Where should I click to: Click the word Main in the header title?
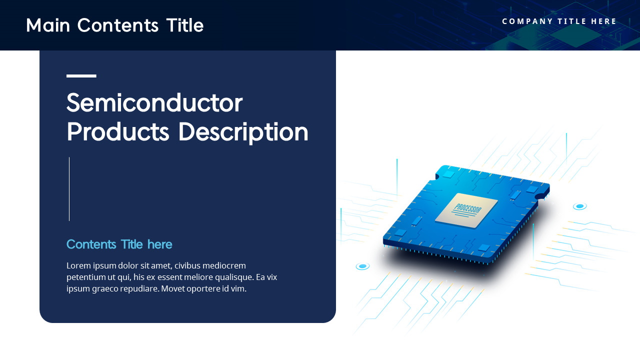(48, 25)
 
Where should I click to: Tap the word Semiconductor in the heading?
(154, 103)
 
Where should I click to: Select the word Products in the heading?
(118, 132)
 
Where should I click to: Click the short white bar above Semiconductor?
(81, 76)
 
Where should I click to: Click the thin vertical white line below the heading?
(69, 189)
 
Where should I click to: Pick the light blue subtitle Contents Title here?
(119, 244)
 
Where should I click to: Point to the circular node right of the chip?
(579, 206)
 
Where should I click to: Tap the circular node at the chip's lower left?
(362, 266)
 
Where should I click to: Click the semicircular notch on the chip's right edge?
(539, 197)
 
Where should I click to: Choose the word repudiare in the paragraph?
(132, 288)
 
